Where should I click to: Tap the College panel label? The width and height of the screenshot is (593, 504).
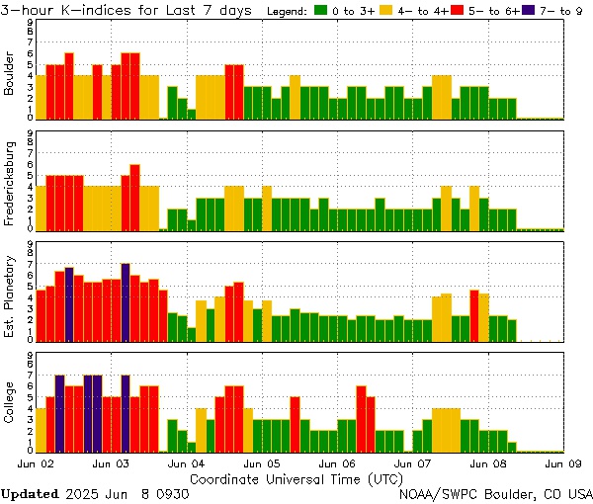pyautogui.click(x=10, y=403)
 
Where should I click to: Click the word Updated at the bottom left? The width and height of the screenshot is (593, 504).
pyautogui.click(x=29, y=493)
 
